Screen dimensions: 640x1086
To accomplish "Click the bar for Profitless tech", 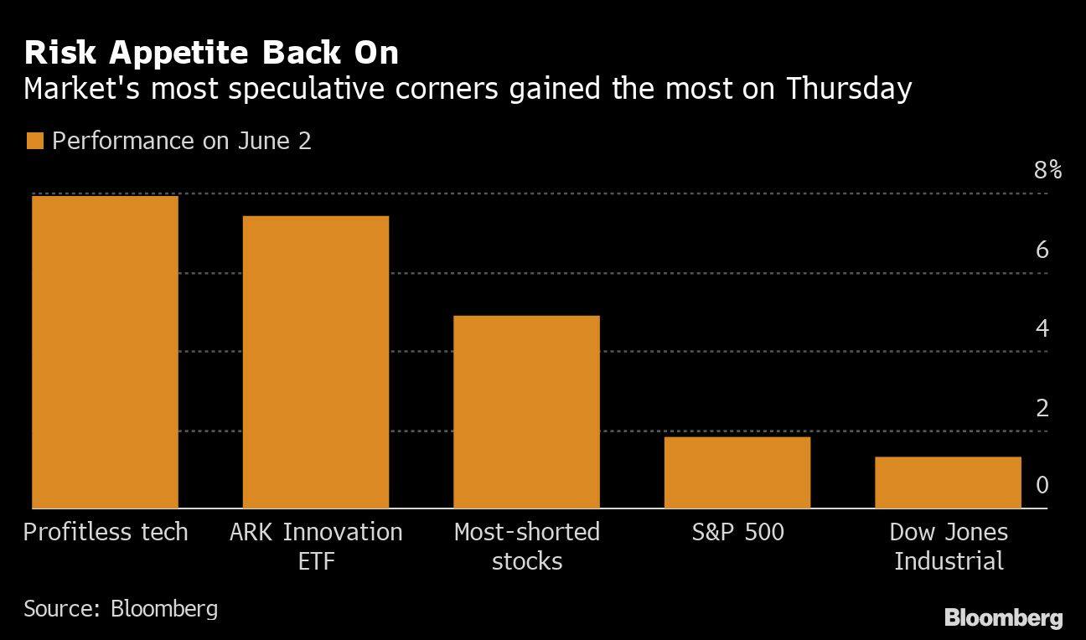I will [x=105, y=352].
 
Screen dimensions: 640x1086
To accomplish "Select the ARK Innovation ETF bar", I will [x=316, y=362].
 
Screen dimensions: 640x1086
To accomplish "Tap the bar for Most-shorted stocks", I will [x=526, y=411].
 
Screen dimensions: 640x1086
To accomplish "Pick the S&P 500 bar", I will [x=737, y=472].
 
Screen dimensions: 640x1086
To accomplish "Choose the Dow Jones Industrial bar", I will [x=948, y=483].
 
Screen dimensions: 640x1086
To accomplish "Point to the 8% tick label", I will [x=1047, y=171].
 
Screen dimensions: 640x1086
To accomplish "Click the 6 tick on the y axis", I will [x=1042, y=250].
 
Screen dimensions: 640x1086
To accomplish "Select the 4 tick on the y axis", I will [x=1042, y=328].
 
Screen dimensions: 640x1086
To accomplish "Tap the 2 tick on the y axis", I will [x=1042, y=408].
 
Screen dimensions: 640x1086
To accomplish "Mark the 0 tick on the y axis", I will [x=1042, y=485].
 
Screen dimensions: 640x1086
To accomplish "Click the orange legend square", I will [x=34, y=141].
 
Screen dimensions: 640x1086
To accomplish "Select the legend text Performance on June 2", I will [x=181, y=141].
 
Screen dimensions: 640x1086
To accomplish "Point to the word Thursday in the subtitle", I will [x=848, y=89].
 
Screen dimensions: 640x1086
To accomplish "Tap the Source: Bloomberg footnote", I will [x=121, y=607].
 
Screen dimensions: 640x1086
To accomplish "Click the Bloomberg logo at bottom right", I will [x=1003, y=618].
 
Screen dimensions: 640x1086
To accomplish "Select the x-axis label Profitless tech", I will [x=106, y=532].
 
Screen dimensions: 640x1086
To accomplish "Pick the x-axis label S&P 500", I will [x=737, y=532].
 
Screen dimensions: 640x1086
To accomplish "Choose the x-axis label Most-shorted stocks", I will [x=526, y=545].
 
